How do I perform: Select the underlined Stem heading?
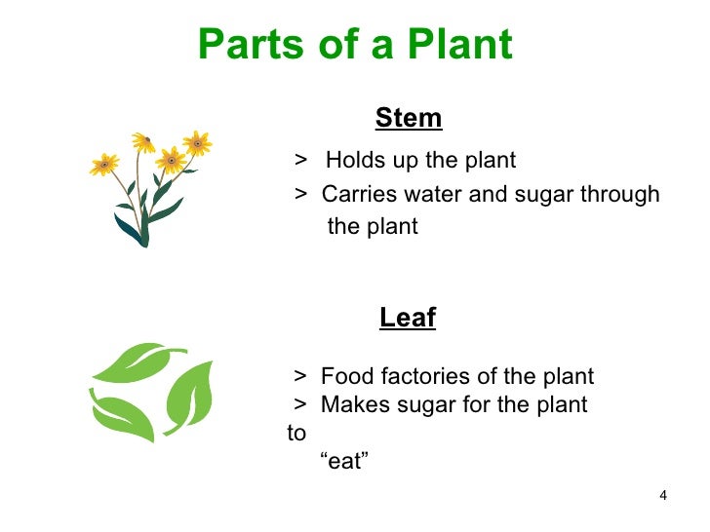pyautogui.click(x=409, y=119)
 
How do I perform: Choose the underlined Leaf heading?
pyautogui.click(x=408, y=318)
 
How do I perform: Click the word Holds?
pyautogui.click(x=353, y=160)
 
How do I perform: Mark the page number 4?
pyautogui.click(x=663, y=497)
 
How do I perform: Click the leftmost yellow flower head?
pyautogui.click(x=103, y=165)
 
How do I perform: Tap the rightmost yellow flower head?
pyautogui.click(x=197, y=144)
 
